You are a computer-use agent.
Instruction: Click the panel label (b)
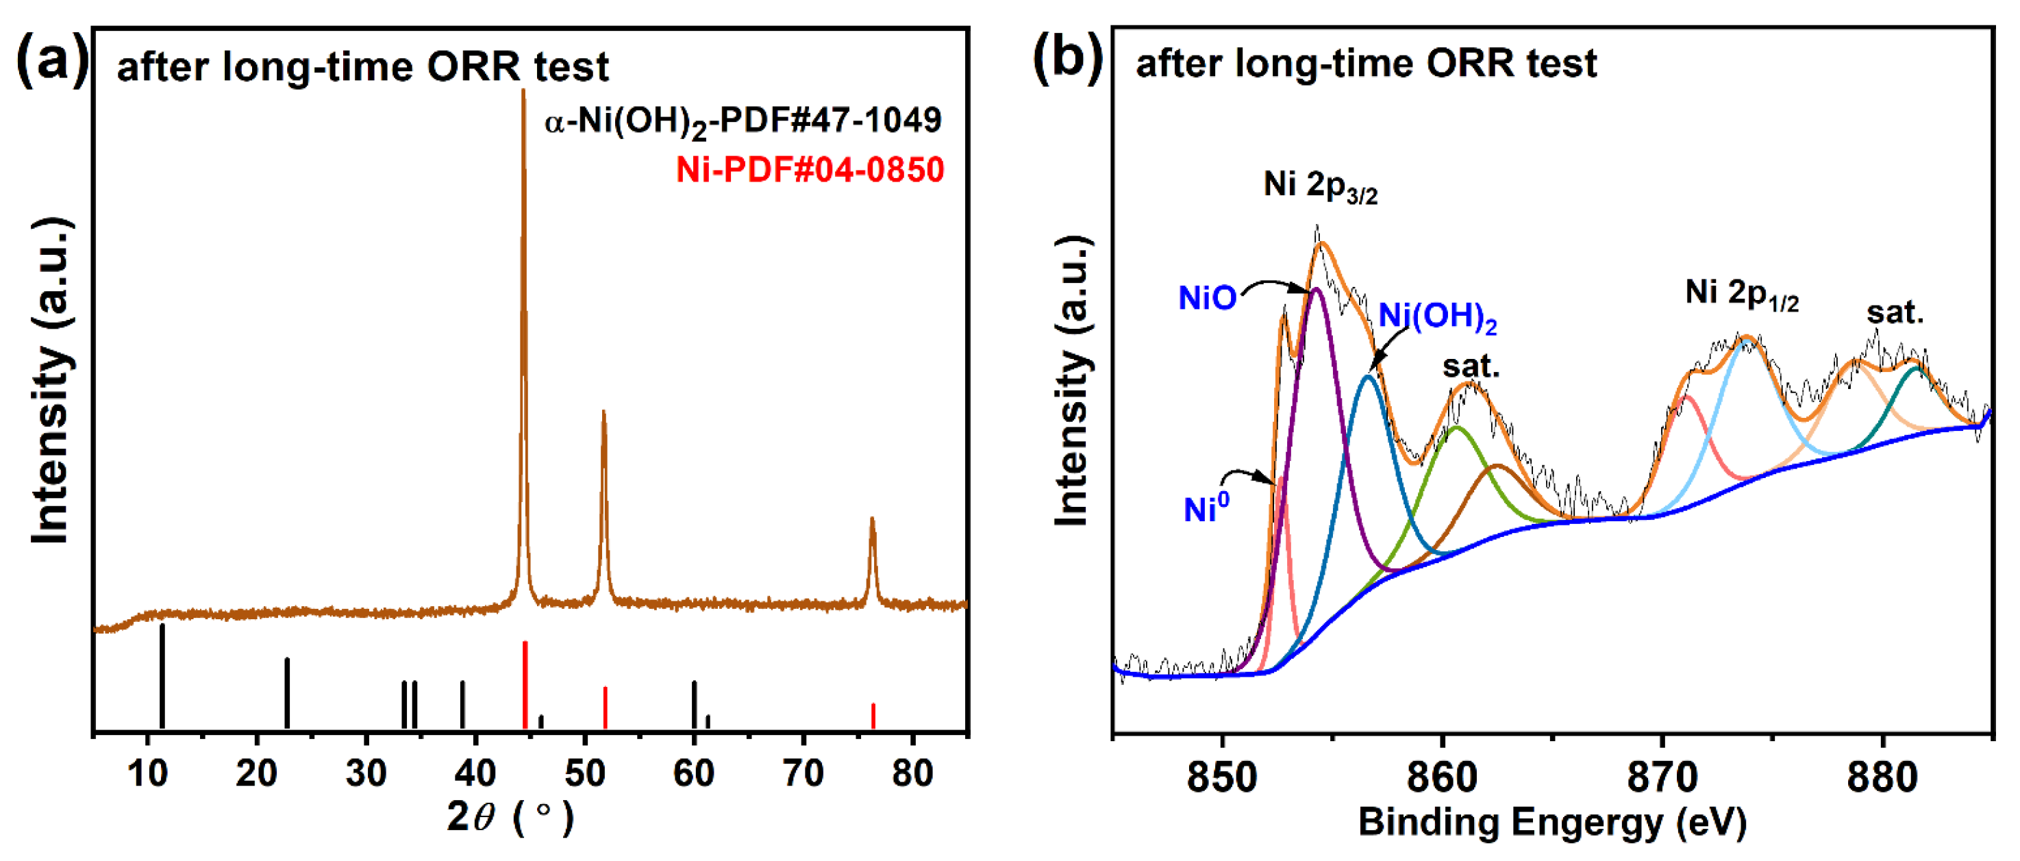click(x=1067, y=58)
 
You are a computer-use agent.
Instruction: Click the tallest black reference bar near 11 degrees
click(x=162, y=675)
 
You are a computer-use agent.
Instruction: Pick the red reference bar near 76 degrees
click(x=873, y=715)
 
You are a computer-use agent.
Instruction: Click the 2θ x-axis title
click(x=510, y=817)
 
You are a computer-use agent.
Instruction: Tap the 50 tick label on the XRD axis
click(x=584, y=774)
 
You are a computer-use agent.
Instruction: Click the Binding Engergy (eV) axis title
click(x=1553, y=822)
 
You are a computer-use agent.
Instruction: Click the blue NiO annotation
click(x=1207, y=298)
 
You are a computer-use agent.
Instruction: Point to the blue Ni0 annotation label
click(x=1206, y=508)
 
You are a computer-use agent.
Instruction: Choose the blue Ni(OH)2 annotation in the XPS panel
click(x=1437, y=316)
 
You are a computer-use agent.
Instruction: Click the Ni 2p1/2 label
click(x=1741, y=293)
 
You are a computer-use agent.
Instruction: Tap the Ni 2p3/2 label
click(x=1320, y=186)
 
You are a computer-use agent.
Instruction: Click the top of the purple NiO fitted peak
click(x=1316, y=291)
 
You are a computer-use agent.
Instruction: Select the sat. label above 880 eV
click(x=1895, y=313)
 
